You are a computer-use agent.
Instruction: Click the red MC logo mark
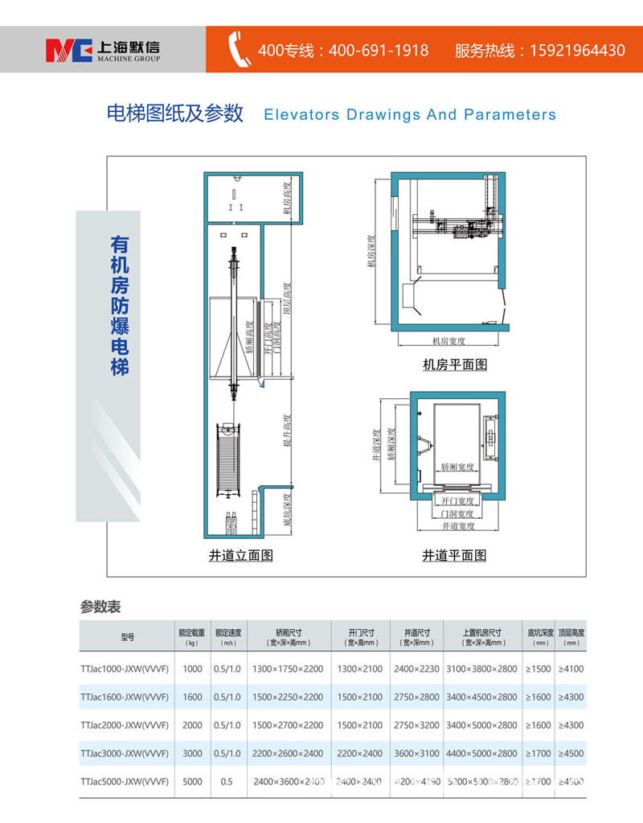click(x=68, y=49)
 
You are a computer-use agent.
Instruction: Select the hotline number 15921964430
click(x=576, y=50)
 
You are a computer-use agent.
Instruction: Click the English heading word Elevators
click(x=301, y=114)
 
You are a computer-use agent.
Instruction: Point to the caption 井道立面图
click(x=241, y=555)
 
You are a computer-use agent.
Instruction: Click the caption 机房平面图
click(x=455, y=364)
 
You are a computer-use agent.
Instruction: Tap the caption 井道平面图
click(x=454, y=555)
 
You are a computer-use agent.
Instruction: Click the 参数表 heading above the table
click(x=100, y=606)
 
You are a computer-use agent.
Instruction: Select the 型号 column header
click(x=128, y=637)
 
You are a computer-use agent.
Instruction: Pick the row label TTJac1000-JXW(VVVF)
click(x=125, y=669)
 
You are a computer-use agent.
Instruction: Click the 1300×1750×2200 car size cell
click(x=287, y=669)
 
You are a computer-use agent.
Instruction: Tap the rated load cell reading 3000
click(x=192, y=753)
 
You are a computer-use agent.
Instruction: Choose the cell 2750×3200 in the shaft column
click(x=416, y=725)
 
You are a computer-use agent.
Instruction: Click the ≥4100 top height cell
click(x=571, y=669)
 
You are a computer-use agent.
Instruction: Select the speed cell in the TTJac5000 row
click(x=227, y=781)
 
